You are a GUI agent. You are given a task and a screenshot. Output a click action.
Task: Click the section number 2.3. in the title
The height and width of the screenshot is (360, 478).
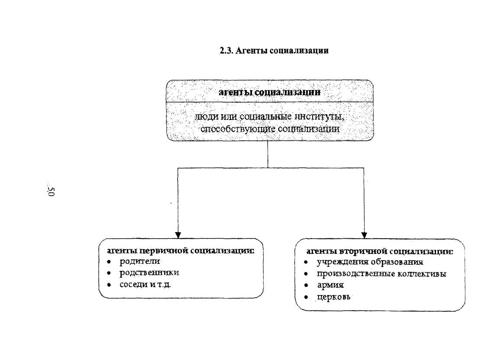pos(226,50)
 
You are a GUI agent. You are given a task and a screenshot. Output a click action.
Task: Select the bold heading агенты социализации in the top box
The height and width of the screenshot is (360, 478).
pos(269,92)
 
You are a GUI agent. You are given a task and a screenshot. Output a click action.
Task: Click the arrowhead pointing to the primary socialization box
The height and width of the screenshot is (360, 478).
pos(178,235)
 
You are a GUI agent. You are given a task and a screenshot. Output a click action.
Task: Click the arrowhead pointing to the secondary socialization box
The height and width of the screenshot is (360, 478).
pos(364,235)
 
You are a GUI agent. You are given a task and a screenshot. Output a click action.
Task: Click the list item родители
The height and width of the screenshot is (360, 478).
pos(139,262)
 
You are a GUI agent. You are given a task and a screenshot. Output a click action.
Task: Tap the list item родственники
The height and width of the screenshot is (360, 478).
pos(149,273)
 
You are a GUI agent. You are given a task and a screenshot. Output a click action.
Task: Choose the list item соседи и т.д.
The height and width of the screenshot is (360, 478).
pos(145,285)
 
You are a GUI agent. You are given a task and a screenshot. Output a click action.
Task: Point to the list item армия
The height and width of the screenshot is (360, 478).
pos(330,285)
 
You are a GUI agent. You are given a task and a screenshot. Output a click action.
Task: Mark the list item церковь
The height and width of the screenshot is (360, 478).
pos(333,297)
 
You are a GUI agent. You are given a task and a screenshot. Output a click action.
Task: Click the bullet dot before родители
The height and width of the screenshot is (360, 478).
pos(109,262)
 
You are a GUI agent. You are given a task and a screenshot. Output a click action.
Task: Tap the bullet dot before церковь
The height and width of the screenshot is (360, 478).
pos(306,297)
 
